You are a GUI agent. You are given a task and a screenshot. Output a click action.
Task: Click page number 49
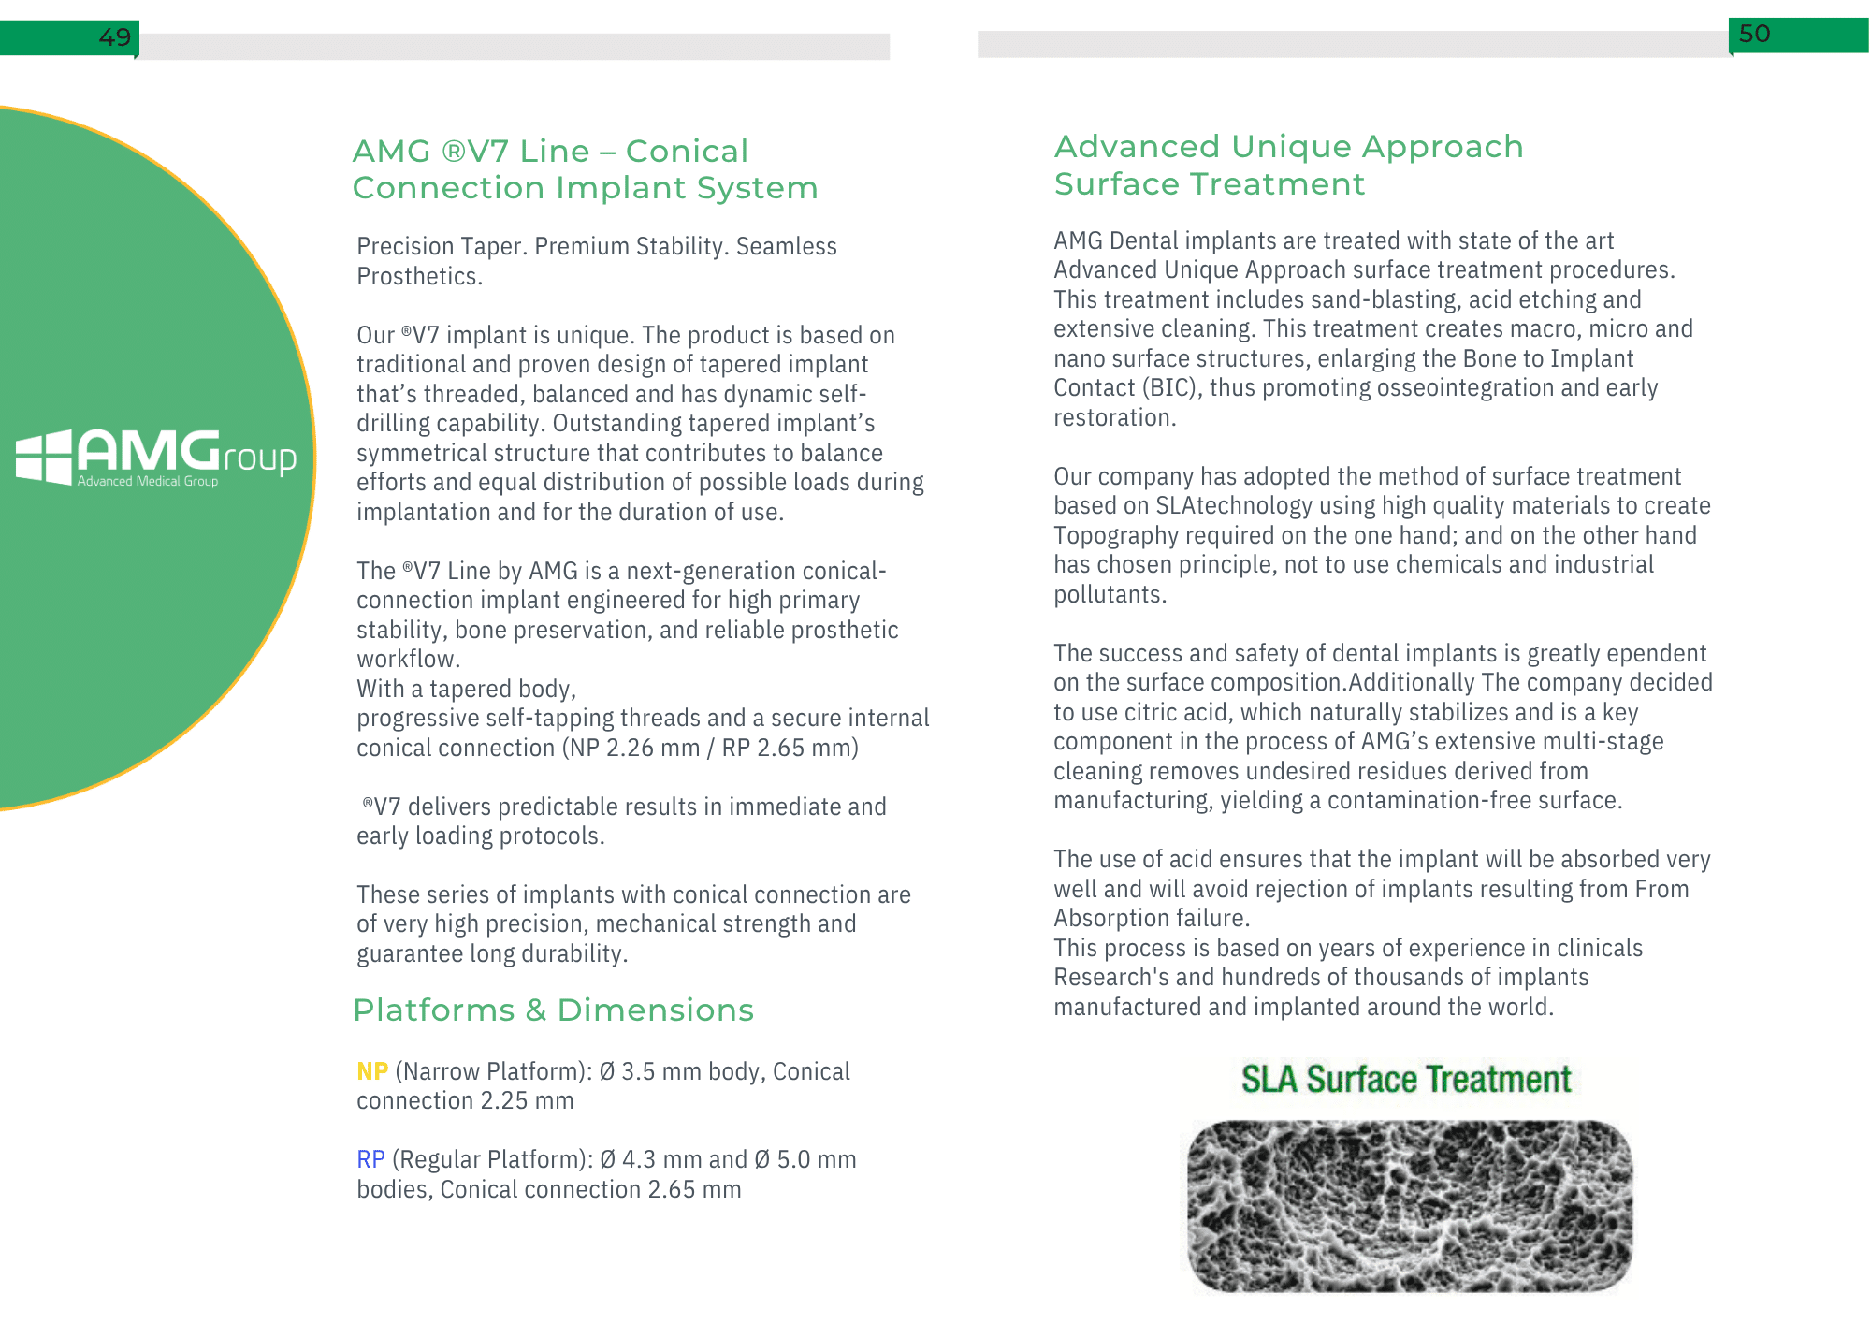[114, 37]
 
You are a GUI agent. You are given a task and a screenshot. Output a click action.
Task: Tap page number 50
[1754, 34]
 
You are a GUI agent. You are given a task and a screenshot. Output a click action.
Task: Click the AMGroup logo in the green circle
[156, 457]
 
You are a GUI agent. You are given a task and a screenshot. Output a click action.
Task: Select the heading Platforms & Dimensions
[553, 1010]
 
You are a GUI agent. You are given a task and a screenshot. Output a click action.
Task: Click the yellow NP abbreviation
[372, 1071]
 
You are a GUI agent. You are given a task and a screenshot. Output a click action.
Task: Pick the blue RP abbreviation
[370, 1159]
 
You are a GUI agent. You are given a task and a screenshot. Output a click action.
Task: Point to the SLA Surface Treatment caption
[1406, 1079]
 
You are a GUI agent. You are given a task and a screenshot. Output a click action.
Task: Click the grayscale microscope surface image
[1410, 1205]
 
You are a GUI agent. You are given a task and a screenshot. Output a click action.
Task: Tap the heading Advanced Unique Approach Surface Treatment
[1288, 165]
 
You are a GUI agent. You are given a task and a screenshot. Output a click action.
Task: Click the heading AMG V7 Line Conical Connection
[585, 169]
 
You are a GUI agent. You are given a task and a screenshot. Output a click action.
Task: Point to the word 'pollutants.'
[1110, 595]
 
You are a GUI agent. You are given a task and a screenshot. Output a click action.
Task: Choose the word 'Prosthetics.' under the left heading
[419, 277]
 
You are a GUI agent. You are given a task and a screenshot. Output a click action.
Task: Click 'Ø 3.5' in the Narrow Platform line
[627, 1071]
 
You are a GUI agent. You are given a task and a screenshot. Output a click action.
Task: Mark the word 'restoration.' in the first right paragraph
[1114, 418]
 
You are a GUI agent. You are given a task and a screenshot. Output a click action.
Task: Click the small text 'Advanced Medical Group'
[148, 481]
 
